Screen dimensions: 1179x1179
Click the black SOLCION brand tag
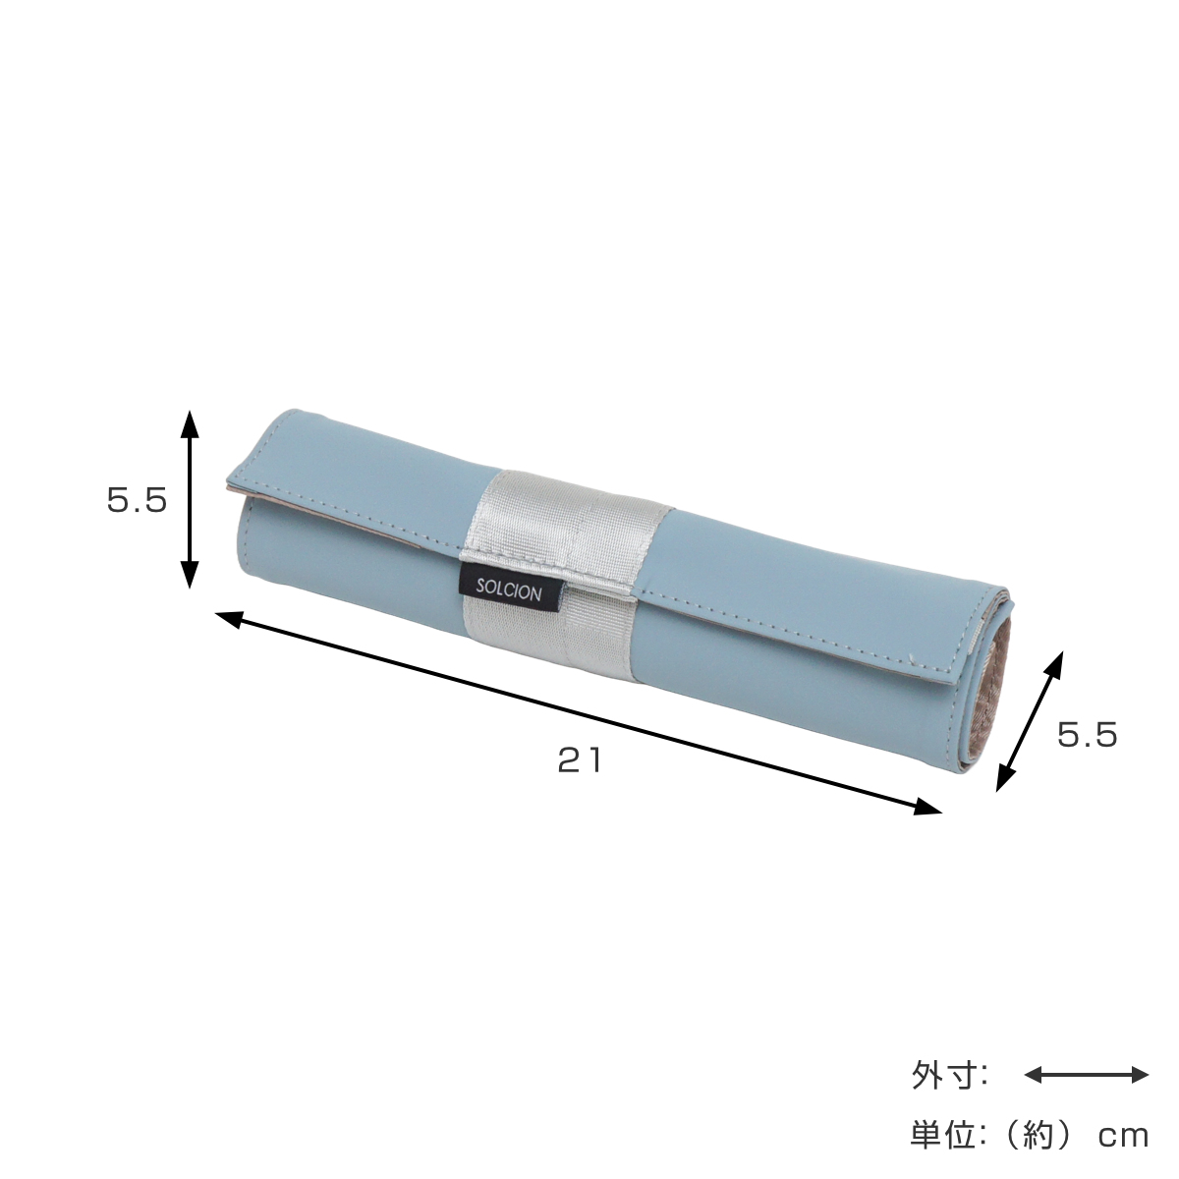508,590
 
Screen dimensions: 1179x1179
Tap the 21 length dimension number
580,760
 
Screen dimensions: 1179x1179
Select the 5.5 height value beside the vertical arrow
137,500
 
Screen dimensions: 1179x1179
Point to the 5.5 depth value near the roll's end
1088,734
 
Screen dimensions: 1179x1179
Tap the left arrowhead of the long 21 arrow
229,619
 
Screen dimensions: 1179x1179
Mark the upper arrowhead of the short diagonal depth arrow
1055,663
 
